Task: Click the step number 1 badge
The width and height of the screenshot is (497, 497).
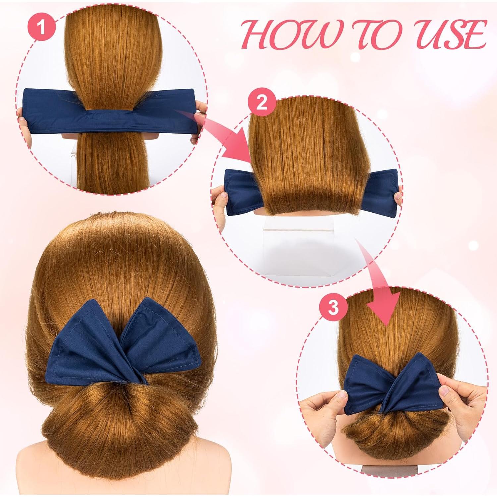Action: tap(41, 28)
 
